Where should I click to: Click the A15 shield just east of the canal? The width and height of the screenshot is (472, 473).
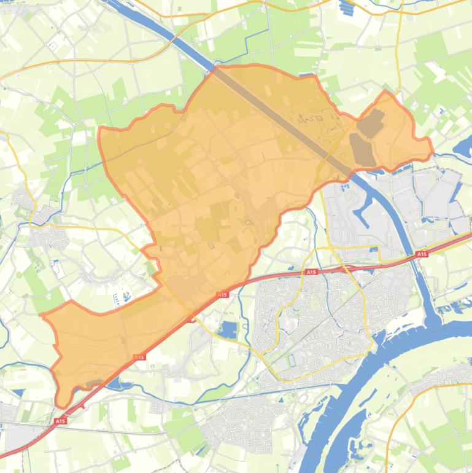pos(421,254)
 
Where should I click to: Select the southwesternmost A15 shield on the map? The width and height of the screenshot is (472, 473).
pos(60,421)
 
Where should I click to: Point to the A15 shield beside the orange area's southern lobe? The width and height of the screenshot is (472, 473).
pos(139,357)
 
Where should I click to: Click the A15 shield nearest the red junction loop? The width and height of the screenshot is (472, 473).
pos(222,295)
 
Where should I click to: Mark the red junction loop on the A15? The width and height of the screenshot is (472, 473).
pos(192,318)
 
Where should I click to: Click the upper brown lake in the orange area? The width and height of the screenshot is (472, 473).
pos(371,123)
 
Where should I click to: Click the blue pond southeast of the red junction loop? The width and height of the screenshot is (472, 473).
pos(228,330)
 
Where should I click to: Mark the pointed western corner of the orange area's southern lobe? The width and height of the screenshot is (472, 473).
pos(42,315)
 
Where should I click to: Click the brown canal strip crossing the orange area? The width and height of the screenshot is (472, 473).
pos(282,117)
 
